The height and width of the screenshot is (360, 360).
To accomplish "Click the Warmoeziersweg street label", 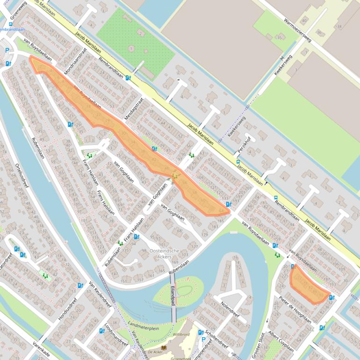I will [300, 29].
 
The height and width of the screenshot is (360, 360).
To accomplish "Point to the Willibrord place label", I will [181, 335].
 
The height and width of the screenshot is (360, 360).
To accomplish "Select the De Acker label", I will [155, 352].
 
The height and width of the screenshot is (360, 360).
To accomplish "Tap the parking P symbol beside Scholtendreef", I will [201, 332].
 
